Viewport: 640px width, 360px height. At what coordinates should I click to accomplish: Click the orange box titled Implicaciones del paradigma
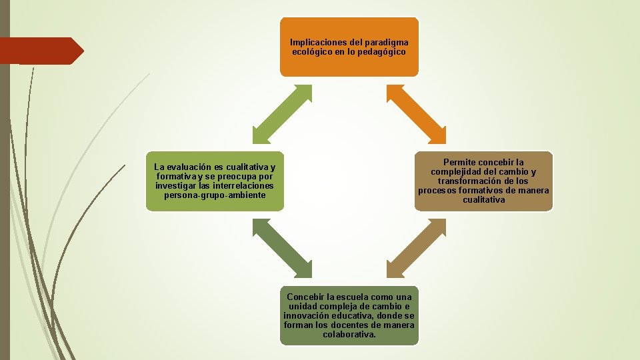[x=349, y=47]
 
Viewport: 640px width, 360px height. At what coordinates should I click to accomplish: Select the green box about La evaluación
[x=215, y=181]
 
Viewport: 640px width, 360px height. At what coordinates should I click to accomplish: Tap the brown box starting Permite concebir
[x=483, y=181]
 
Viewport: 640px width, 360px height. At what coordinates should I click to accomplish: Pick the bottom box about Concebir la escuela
[x=349, y=315]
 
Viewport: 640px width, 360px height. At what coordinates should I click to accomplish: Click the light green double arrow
[x=282, y=114]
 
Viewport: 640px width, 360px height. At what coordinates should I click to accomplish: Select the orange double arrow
[x=417, y=114]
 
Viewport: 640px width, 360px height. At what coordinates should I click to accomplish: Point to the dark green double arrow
[x=282, y=248]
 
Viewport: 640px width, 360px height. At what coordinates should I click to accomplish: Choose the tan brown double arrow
[x=417, y=248]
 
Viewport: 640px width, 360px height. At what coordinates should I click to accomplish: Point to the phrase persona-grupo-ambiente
[x=214, y=195]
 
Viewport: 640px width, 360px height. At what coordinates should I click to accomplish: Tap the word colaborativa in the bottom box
[x=349, y=334]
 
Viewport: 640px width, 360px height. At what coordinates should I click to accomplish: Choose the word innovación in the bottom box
[x=306, y=315]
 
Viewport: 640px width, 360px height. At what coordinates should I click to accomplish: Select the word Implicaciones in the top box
[x=317, y=43]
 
